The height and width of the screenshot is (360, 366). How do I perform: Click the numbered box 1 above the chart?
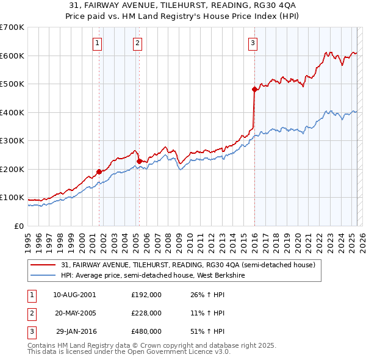(x=98, y=43)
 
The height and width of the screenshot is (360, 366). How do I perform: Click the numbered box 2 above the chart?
(x=138, y=43)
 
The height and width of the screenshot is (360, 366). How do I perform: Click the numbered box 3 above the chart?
(x=253, y=43)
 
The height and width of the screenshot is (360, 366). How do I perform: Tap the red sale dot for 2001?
(x=99, y=171)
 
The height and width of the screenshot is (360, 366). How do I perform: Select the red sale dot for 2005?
(x=139, y=161)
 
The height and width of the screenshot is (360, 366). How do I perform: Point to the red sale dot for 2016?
(x=254, y=89)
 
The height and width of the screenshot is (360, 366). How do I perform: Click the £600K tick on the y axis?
(x=12, y=56)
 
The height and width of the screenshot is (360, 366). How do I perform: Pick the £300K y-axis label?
(x=12, y=141)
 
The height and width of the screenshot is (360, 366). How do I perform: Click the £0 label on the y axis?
(x=18, y=226)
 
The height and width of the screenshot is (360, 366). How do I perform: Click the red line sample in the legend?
(x=43, y=265)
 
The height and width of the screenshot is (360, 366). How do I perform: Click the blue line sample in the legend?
(x=43, y=275)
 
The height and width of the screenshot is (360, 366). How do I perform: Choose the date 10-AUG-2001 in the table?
(x=74, y=295)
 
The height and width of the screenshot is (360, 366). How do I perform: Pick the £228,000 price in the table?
(x=146, y=313)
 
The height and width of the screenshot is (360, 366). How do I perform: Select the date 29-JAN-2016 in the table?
(x=75, y=331)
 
